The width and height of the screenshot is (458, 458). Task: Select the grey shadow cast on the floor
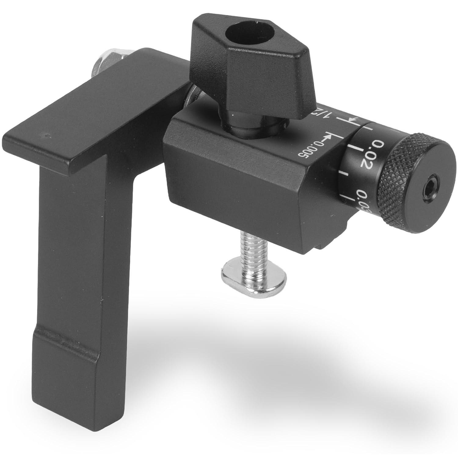coord(305,351)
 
